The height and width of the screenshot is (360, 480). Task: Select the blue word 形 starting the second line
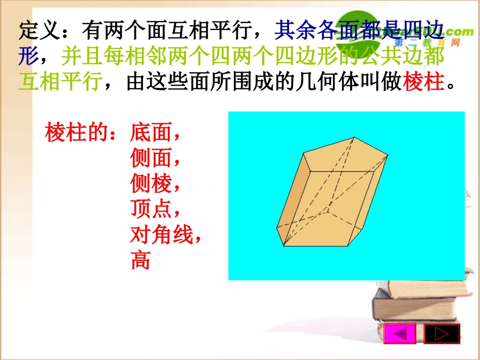[x=29, y=57]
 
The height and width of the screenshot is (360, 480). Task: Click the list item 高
[x=140, y=261]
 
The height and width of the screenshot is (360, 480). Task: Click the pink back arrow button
[x=400, y=334]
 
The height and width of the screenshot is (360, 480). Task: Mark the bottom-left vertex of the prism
[x=283, y=246]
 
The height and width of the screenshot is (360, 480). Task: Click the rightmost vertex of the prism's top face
[x=388, y=156]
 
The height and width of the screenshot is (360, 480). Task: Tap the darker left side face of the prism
[x=292, y=202]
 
